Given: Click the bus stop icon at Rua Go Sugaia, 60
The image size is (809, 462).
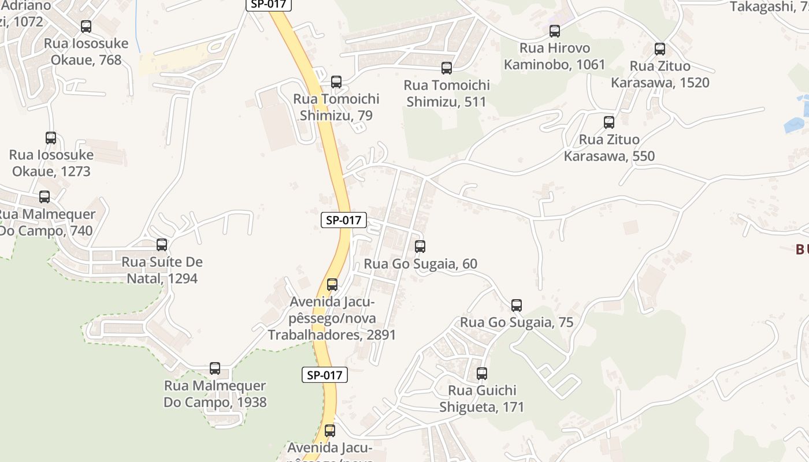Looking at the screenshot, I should click(420, 247).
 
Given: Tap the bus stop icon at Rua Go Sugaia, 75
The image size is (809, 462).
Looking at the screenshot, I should click(517, 305).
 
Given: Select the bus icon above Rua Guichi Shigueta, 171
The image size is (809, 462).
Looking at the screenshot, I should click(482, 374).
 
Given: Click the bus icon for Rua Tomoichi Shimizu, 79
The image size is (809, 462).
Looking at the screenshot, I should click(336, 82).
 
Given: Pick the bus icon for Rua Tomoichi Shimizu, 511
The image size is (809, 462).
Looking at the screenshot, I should click(447, 68).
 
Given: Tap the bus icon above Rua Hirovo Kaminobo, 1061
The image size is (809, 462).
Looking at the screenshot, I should click(555, 31).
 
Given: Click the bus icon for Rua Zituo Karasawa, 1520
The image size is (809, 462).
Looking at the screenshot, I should click(660, 49).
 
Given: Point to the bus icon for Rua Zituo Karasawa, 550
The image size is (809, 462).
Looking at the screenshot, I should click(609, 122).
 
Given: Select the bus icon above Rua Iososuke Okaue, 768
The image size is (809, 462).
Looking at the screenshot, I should click(86, 27).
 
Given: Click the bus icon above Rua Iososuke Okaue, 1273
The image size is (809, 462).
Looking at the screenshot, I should click(51, 138).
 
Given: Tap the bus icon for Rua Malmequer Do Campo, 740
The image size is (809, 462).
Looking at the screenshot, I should click(44, 197).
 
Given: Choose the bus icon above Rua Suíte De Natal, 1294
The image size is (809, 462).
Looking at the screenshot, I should click(162, 245).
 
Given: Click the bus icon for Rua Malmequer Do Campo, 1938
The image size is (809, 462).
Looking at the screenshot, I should click(215, 368).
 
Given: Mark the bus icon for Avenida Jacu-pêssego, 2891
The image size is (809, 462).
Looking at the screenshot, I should click(332, 285).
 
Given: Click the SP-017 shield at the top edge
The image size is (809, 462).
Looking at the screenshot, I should click(269, 4).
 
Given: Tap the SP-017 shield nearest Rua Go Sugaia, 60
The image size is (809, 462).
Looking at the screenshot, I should click(344, 220).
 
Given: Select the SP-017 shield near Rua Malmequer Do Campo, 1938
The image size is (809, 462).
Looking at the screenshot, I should click(325, 375).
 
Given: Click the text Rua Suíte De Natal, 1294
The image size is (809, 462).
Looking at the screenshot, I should click(162, 270).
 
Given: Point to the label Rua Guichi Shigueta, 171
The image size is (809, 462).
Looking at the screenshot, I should click(482, 398).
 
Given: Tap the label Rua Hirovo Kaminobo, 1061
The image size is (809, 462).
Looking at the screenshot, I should click(555, 56).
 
